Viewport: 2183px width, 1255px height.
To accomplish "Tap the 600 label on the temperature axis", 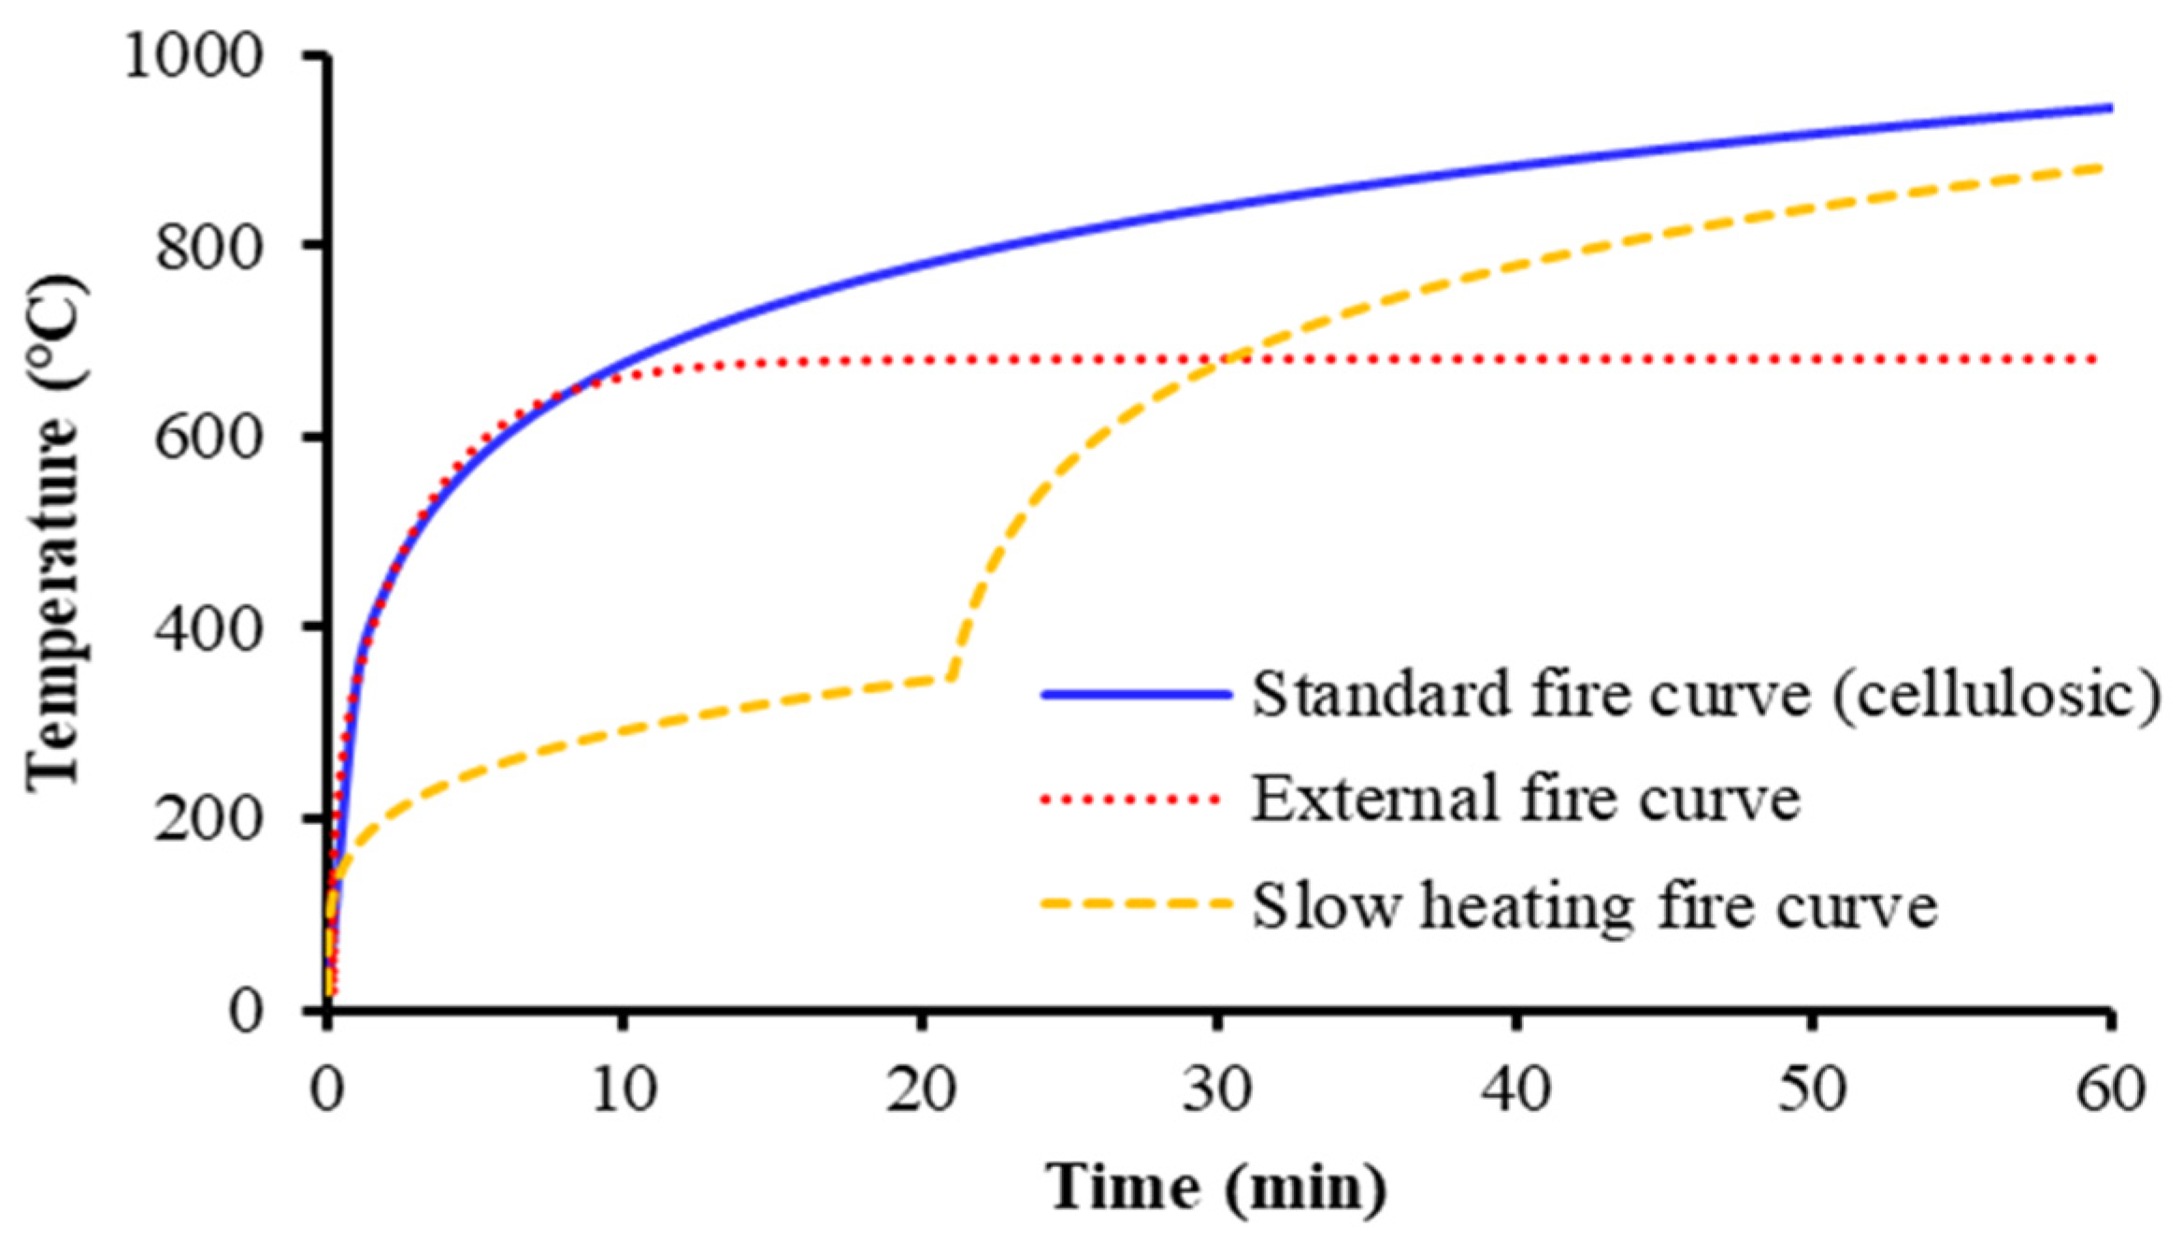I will tap(207, 437).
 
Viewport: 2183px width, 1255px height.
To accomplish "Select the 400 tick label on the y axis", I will tap(207, 628).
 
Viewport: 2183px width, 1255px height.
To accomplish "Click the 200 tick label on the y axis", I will tap(207, 819).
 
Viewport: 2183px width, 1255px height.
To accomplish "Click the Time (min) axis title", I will tap(1215, 1188).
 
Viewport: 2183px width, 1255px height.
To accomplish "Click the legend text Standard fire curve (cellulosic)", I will tap(1706, 694).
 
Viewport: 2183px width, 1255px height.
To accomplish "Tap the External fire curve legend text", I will tap(1526, 799).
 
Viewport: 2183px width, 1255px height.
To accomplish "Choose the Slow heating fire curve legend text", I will tap(1594, 904).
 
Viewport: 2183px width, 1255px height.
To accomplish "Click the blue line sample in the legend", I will tap(1136, 694).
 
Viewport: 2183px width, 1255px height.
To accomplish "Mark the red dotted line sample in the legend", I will tap(1131, 799).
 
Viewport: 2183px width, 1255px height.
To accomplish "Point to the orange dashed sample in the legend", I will tap(1136, 903).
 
